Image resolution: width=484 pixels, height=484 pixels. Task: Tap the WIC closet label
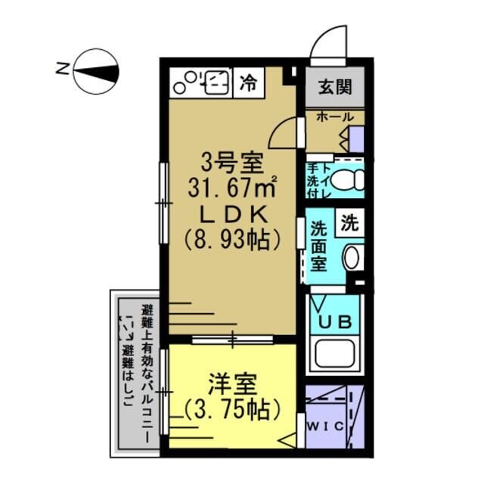(x=325, y=427)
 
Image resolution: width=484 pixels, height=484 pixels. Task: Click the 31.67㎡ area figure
(x=226, y=185)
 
